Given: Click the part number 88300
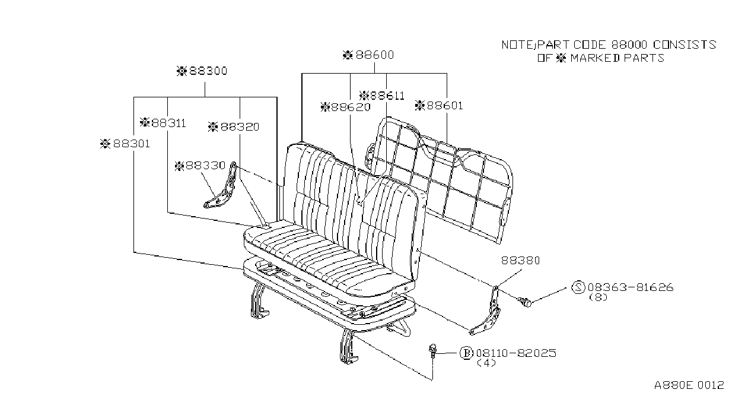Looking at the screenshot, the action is point(208,71).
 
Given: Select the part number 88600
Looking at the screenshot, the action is point(375,55).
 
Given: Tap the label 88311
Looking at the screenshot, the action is point(168,123).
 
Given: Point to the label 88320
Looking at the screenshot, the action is point(240,126).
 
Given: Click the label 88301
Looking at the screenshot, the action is point(131,144).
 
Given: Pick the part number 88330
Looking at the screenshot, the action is point(205,166).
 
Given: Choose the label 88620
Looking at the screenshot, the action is point(351,107).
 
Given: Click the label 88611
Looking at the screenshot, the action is point(387,96).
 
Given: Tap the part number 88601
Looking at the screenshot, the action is point(444,106).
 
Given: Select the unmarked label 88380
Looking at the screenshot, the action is point(520,260).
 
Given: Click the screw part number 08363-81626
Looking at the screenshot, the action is point(631,287).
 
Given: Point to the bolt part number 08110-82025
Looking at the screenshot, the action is point(516,353).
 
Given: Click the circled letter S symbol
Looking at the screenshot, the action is point(578,287).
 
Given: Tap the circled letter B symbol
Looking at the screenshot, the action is point(466,353).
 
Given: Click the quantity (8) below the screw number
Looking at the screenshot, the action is point(598,297).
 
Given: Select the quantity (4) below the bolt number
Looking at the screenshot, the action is point(486,363).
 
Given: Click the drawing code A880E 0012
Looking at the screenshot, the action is point(689,385).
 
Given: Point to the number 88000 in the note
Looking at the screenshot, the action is point(629,45).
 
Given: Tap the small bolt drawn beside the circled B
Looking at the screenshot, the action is point(433,351).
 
